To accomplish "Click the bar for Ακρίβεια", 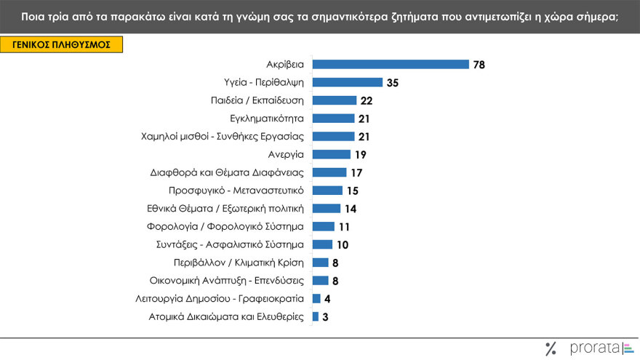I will [391, 64].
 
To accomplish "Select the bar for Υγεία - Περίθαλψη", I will [347, 82].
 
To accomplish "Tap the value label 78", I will [479, 65].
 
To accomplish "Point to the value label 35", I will [393, 83].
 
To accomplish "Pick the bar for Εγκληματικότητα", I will [333, 118].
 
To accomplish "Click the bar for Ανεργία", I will [331, 154].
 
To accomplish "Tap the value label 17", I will [356, 172].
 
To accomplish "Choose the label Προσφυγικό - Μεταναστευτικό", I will [236, 190].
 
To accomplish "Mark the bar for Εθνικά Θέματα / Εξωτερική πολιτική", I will [326, 208].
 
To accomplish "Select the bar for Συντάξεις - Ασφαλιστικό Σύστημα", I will [322, 244].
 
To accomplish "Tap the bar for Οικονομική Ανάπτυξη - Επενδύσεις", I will [320, 280].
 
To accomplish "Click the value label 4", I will [327, 298].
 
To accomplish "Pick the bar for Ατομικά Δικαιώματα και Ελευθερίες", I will [315, 316].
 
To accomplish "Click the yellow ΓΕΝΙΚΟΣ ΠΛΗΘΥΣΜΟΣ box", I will [61, 44].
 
